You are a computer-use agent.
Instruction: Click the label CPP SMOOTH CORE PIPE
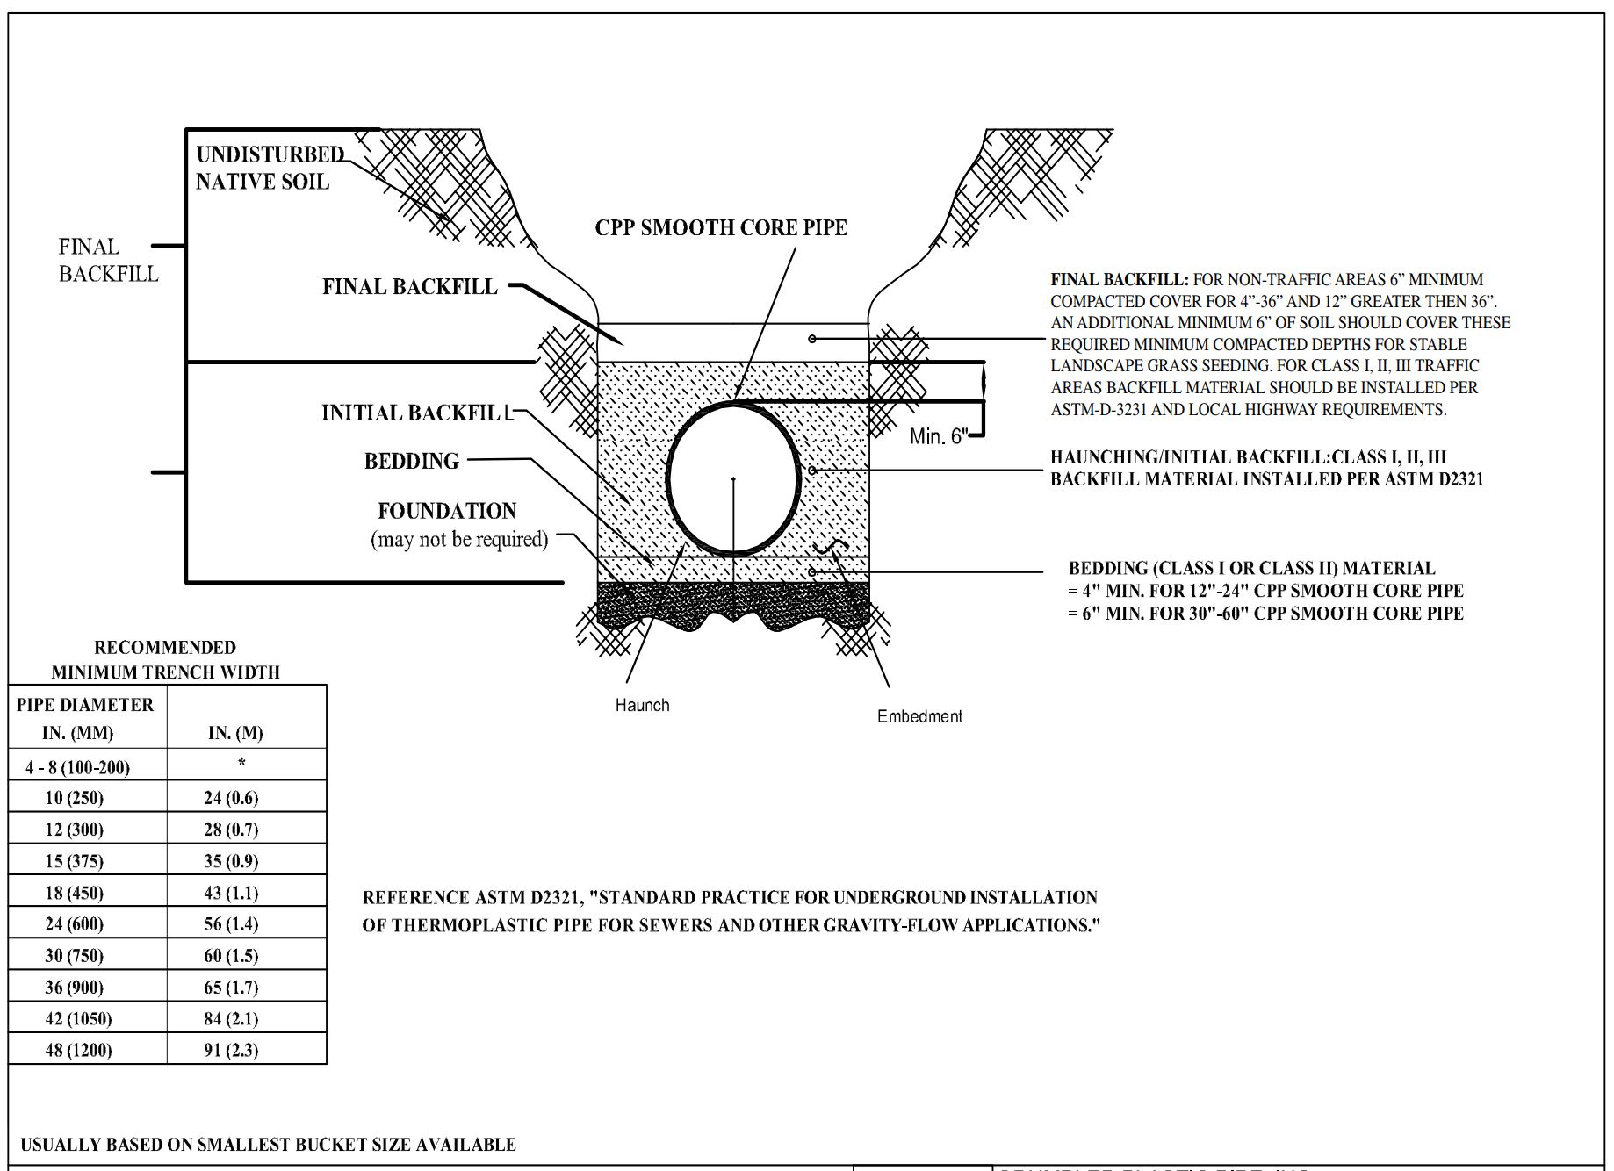(x=720, y=227)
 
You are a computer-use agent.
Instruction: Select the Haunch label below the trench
(x=642, y=705)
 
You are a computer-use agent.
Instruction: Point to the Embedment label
(x=919, y=716)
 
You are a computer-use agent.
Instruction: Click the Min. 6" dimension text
(x=938, y=436)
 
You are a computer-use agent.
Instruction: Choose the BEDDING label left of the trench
(x=411, y=461)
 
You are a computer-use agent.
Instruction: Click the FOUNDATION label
(x=446, y=511)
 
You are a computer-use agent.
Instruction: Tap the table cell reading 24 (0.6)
(x=231, y=797)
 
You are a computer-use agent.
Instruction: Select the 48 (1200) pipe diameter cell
(x=78, y=1050)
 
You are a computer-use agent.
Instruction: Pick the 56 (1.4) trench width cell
(x=231, y=923)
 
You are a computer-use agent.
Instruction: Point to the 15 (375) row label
(x=74, y=860)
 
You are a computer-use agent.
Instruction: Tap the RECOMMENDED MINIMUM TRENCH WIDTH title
(x=165, y=659)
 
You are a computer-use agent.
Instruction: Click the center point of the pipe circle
(x=733, y=479)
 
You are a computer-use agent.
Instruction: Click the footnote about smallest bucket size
(x=268, y=1145)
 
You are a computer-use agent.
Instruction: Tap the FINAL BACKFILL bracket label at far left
(x=107, y=260)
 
